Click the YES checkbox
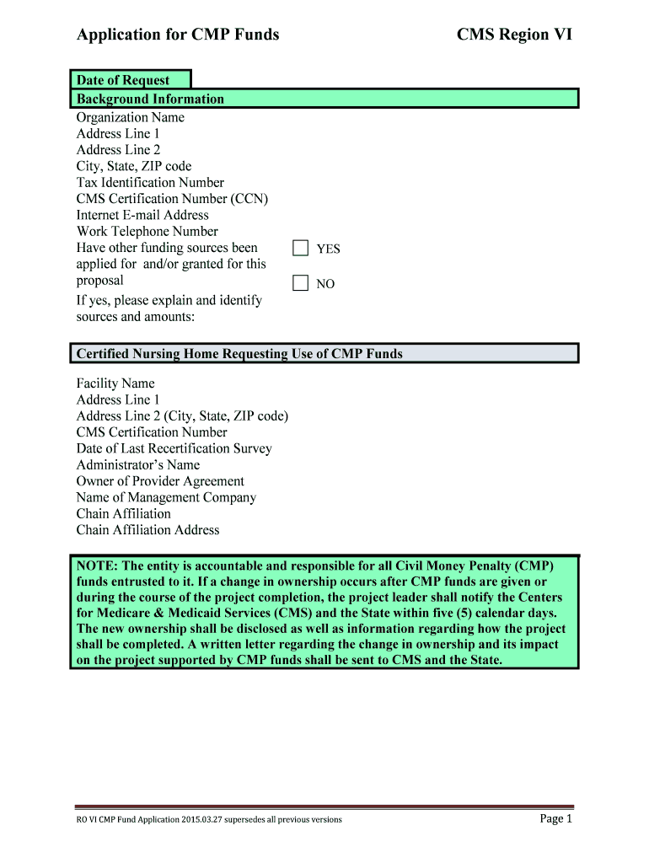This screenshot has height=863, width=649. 301,248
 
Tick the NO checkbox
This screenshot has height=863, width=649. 301,283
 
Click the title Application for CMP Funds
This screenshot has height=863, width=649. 178,35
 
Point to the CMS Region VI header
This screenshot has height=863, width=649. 514,35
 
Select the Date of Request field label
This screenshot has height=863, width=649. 123,80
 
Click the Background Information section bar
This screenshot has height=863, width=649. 324,99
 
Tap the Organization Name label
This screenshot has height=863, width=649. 130,117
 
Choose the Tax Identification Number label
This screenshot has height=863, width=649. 150,182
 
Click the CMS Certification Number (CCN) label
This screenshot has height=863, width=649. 172,199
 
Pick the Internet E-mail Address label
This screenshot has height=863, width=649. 142,215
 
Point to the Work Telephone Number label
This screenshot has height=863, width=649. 147,231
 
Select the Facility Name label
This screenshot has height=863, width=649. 115,383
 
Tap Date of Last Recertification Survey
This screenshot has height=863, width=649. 174,448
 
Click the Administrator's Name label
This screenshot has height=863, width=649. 138,464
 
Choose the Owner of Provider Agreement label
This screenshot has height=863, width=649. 160,481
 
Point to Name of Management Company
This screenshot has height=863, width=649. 166,497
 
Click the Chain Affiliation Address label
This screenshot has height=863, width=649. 147,530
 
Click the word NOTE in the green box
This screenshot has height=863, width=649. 96,566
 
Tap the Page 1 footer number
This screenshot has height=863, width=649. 555,819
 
